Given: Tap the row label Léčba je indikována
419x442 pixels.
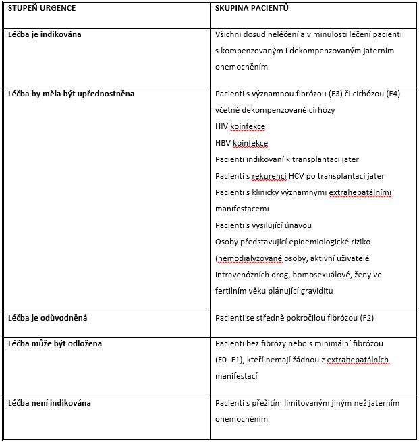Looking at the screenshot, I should pos(45,34).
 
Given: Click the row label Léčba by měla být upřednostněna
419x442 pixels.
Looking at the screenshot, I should pos(71,94).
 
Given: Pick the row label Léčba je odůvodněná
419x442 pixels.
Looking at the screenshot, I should pos(47,317).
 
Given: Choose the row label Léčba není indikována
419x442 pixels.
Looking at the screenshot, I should pos(49,403).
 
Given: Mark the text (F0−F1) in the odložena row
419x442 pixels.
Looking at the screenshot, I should pos(230,360).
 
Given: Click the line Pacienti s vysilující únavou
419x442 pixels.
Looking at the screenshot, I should pos(263,225).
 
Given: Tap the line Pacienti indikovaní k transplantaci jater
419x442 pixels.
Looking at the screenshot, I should pos(287,159).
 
